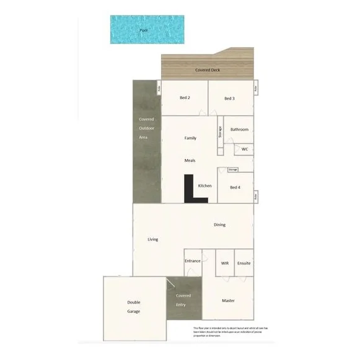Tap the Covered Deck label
tap(208, 70)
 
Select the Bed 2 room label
tap(185, 98)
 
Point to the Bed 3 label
tap(229, 98)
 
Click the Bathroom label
tap(239, 129)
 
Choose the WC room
tap(244, 149)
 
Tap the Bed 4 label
tap(235, 187)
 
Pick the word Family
tap(190, 138)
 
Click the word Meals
tap(190, 160)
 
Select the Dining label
tap(219, 225)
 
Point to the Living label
tap(153, 239)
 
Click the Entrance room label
tap(192, 261)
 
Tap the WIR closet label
tap(224, 263)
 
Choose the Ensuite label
tap(244, 263)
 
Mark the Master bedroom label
tap(228, 301)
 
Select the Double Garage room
tap(134, 306)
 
